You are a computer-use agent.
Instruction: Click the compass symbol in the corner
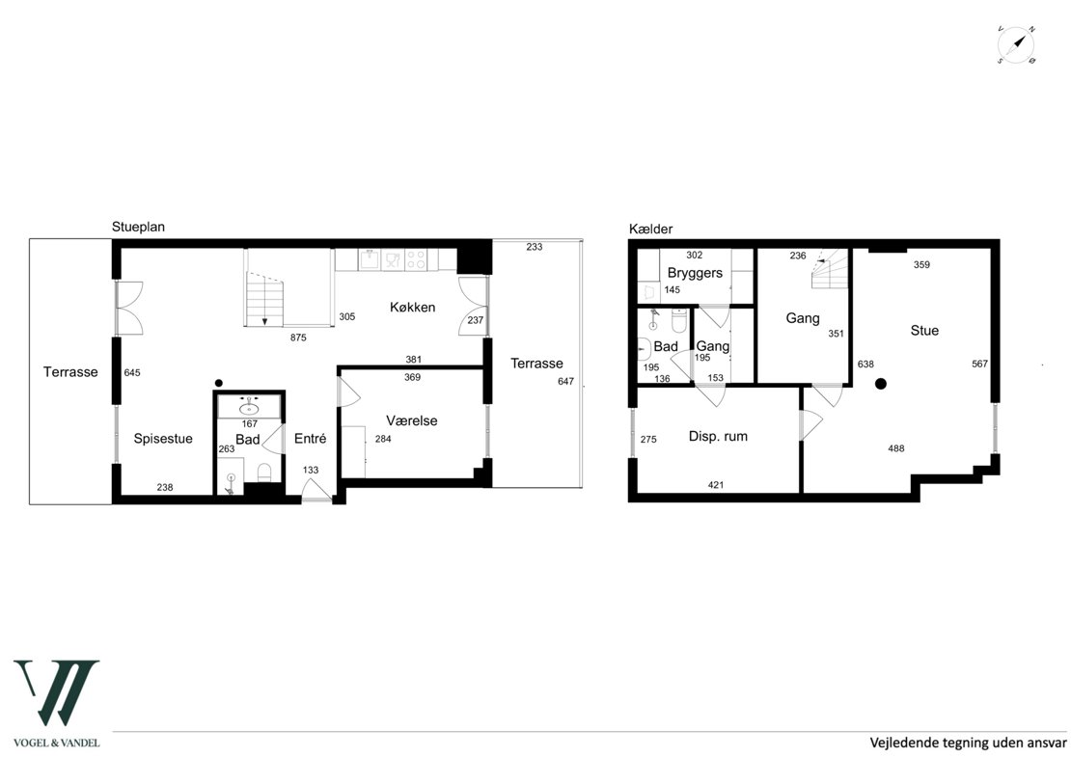1016,45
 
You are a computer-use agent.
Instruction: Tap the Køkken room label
413,308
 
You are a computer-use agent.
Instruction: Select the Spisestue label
162,438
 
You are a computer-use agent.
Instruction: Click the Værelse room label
411,420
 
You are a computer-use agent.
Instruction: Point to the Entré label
310,438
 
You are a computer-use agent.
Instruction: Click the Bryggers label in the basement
695,273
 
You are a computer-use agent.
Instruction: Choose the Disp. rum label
718,436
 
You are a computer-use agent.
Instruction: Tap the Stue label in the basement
924,331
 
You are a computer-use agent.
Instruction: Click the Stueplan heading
138,228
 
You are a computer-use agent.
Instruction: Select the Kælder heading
651,230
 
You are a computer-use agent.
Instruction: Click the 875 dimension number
298,338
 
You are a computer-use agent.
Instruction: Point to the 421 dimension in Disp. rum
716,485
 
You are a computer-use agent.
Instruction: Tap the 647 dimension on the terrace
565,382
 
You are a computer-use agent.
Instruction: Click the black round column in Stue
881,384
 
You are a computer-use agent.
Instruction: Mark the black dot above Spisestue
219,383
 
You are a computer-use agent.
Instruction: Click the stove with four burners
416,259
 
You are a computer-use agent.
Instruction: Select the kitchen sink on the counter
370,259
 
